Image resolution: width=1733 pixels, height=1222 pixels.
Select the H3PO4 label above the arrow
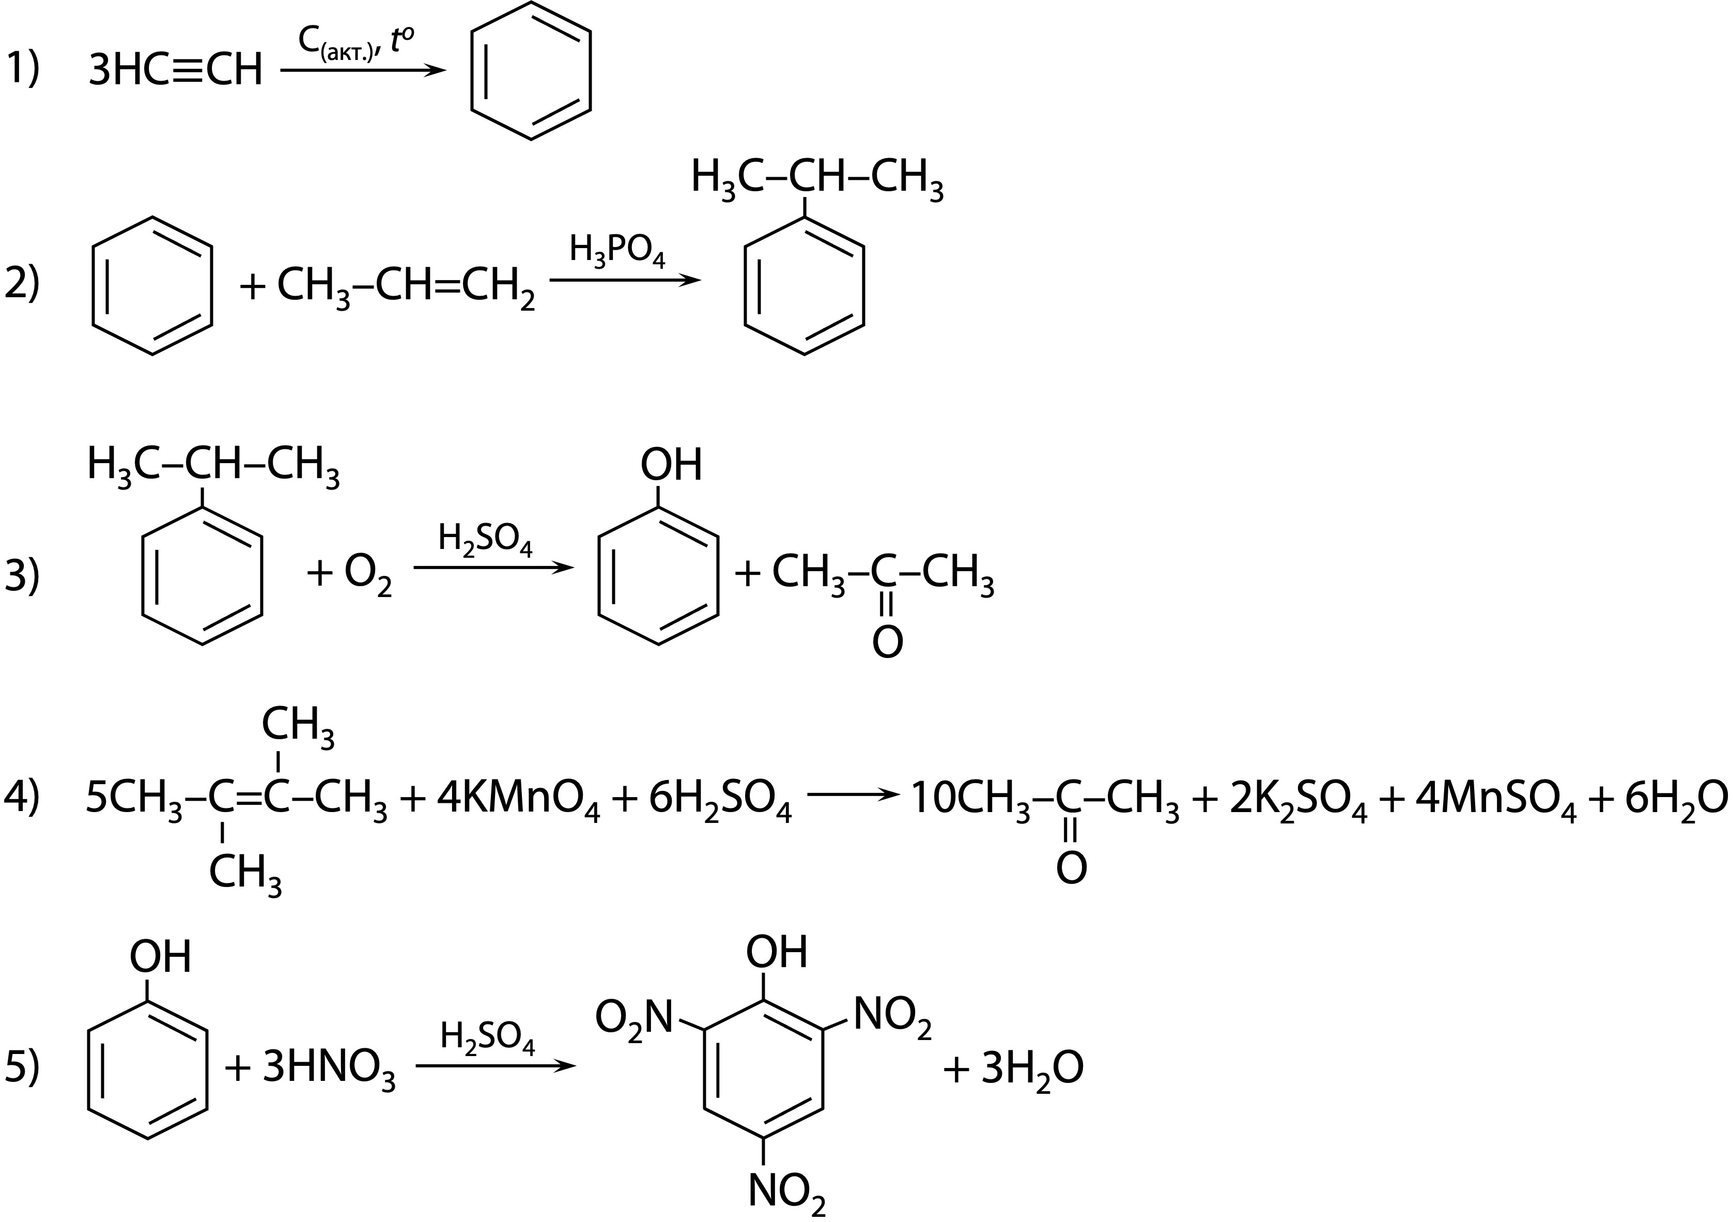(x=617, y=252)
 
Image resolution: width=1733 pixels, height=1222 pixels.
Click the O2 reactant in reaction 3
(x=368, y=575)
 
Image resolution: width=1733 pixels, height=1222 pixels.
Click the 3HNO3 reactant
(x=328, y=1070)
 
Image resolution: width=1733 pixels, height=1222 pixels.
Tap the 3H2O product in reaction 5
(x=1032, y=1070)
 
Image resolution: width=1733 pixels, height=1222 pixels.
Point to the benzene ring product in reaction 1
(x=531, y=71)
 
